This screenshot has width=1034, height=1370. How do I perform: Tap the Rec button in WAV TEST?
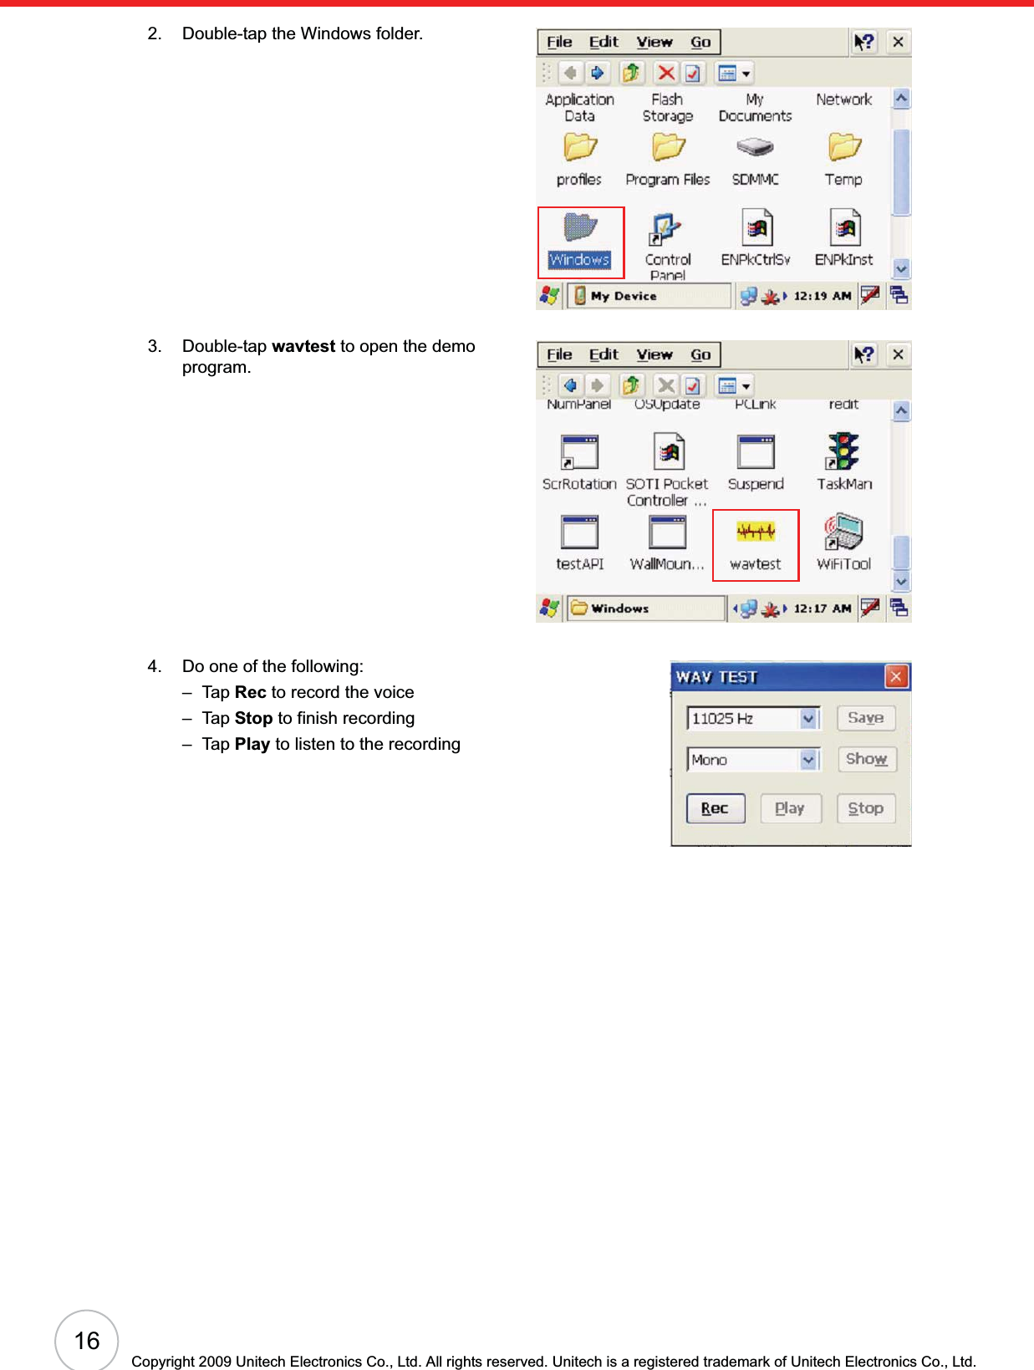point(715,808)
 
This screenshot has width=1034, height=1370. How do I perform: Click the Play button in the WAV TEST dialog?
point(790,808)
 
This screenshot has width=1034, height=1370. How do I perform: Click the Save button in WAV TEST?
point(866,718)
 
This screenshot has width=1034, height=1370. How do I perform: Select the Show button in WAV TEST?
point(866,759)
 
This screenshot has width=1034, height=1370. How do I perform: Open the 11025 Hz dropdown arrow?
point(808,719)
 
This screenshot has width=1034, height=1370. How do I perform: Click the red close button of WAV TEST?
point(896,676)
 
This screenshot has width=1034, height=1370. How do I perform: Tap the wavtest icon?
point(756,532)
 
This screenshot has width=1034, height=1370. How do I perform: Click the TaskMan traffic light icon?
point(844,452)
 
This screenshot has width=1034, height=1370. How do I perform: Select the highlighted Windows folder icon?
point(580,227)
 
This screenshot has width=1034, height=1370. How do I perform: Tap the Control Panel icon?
point(667,229)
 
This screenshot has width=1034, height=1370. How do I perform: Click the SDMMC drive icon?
point(756,148)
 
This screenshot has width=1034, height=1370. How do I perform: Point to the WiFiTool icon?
point(844,532)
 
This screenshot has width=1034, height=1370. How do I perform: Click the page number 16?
point(87,1341)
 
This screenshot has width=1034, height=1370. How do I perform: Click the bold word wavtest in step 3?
point(303,346)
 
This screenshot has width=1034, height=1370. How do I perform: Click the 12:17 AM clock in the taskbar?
point(822,609)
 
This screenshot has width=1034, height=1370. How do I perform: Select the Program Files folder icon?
point(668,148)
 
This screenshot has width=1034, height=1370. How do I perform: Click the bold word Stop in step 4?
point(253,718)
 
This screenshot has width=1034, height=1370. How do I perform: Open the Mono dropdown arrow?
point(808,760)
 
